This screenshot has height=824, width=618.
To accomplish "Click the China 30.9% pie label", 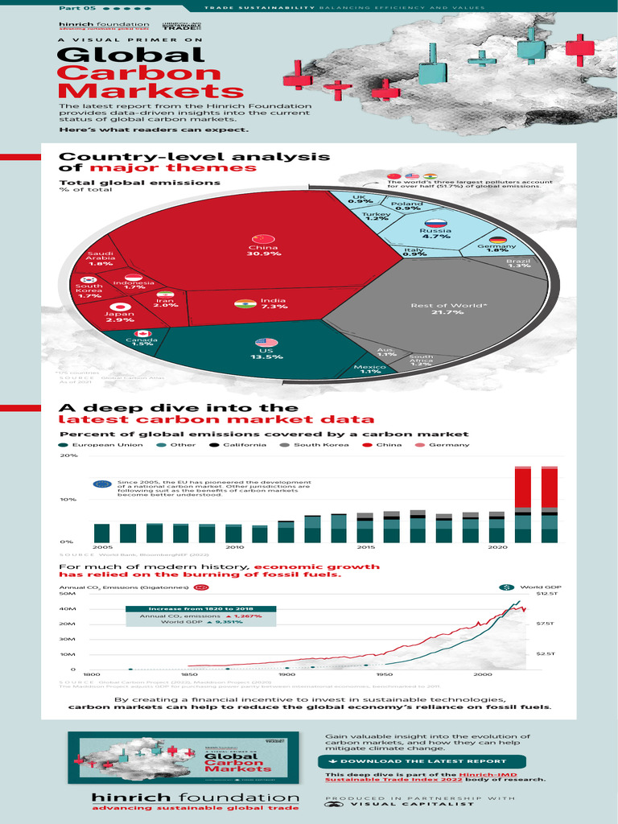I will [263, 249].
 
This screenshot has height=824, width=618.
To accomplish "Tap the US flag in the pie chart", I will [266, 343].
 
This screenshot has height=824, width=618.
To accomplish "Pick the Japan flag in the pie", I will [119, 307].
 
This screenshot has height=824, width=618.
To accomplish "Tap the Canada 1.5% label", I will [142, 342].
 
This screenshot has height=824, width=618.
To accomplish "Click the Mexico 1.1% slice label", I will [370, 369].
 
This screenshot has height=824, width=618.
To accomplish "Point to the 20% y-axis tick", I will [69, 455].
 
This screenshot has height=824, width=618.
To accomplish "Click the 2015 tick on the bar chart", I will [365, 547].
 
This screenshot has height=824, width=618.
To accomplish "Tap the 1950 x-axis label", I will [384, 674].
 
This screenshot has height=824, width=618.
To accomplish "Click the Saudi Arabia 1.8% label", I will [101, 259].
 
